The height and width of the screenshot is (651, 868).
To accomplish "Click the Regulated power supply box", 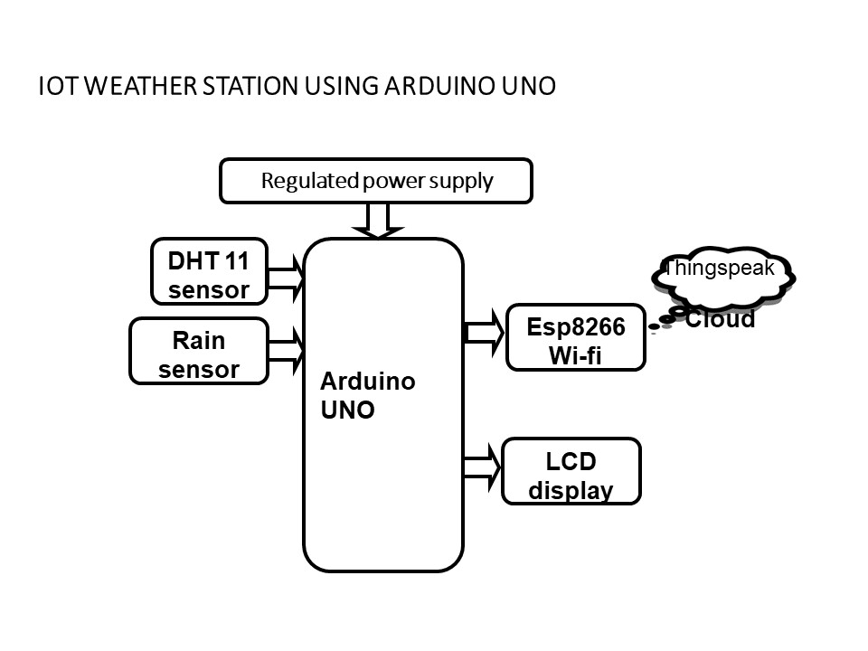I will tap(376, 181).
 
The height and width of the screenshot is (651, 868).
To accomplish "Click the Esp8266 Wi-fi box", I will tap(575, 338).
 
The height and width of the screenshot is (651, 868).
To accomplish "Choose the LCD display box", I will tap(571, 471).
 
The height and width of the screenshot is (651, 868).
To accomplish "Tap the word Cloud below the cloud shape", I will tap(720, 319).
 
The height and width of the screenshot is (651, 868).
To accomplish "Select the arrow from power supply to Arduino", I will tap(377, 221).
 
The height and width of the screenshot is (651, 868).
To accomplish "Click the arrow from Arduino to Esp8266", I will tap(484, 332).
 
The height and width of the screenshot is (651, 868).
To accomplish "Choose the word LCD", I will tap(571, 461).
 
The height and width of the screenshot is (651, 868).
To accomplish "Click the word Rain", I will tap(199, 341).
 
